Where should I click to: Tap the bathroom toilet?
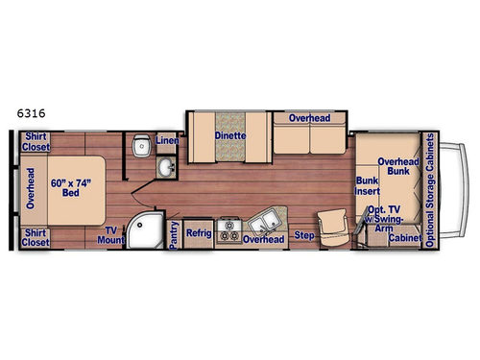coord(141,147)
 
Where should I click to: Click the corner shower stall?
coord(147,230)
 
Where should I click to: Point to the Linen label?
coord(165,142)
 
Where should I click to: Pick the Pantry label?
coord(174,236)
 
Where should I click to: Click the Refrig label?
coord(198,232)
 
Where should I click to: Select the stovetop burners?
coord(229,230)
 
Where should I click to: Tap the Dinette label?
coord(230,136)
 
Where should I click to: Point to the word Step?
coord(304,233)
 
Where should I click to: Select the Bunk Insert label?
coord(367,185)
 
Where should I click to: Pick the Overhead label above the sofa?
coord(310,118)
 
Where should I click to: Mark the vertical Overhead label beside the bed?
coord(31,188)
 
